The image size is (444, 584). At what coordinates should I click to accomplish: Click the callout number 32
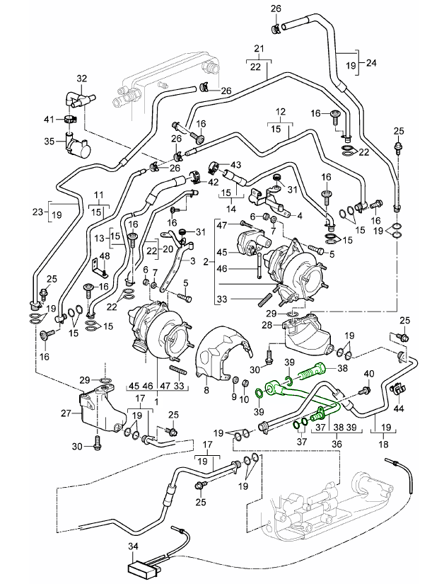coord(81,78)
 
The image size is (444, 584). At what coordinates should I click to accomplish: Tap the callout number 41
coord(49,118)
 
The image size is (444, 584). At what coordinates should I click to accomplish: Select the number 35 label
coord(49,141)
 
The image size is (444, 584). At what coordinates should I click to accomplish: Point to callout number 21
coord(259,49)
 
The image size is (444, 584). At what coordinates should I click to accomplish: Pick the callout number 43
coord(235,165)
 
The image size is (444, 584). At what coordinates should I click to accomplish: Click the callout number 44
coord(400,409)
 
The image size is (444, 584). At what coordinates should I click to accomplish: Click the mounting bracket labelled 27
coord(95,411)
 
